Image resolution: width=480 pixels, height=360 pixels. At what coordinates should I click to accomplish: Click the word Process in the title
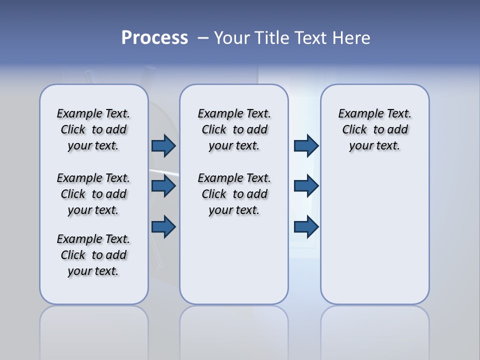(154, 38)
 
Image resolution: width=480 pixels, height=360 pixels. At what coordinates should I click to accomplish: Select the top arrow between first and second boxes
(163, 145)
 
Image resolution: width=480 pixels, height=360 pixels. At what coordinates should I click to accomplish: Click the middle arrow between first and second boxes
(163, 186)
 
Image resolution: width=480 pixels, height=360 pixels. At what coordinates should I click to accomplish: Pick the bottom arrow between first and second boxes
(163, 226)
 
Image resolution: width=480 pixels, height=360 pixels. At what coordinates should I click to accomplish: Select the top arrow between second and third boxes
(306, 145)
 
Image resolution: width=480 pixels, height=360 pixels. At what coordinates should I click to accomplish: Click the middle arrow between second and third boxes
(306, 186)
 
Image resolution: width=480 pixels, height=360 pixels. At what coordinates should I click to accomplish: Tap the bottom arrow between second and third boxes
(306, 226)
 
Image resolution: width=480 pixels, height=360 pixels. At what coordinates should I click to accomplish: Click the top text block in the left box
(93, 129)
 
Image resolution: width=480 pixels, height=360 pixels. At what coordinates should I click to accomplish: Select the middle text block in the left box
(93, 194)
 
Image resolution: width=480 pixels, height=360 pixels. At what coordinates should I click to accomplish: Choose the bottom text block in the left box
(93, 255)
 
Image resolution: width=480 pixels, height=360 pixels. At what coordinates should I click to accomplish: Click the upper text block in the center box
(234, 129)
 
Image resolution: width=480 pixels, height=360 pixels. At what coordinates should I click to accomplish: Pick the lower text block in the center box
(234, 194)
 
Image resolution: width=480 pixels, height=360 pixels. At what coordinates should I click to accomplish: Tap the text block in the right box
(374, 129)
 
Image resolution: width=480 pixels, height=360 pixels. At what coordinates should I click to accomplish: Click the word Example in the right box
(357, 114)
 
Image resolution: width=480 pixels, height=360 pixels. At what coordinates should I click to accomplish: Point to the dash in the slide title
(202, 38)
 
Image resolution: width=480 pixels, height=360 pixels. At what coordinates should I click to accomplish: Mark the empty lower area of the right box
(374, 235)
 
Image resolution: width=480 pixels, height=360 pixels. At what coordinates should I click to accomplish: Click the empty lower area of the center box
(234, 260)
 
